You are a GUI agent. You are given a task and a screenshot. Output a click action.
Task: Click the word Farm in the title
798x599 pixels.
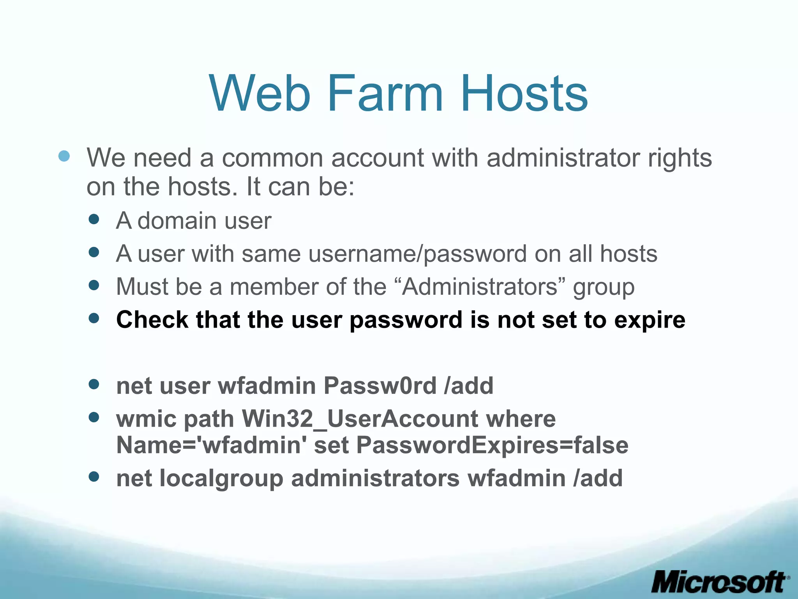[385, 94]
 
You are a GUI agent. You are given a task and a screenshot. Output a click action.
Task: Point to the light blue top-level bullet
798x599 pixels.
[64, 156]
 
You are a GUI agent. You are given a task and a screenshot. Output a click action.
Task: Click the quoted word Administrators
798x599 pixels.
[480, 287]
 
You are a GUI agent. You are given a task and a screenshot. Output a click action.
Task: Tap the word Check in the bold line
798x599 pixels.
[152, 320]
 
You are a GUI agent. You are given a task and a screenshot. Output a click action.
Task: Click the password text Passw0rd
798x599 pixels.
[380, 386]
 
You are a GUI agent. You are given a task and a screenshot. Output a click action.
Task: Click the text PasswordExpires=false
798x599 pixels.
[492, 445]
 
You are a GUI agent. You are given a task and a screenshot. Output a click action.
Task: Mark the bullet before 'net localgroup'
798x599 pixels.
[94, 476]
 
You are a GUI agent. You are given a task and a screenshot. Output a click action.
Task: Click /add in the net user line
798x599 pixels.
[468, 386]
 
